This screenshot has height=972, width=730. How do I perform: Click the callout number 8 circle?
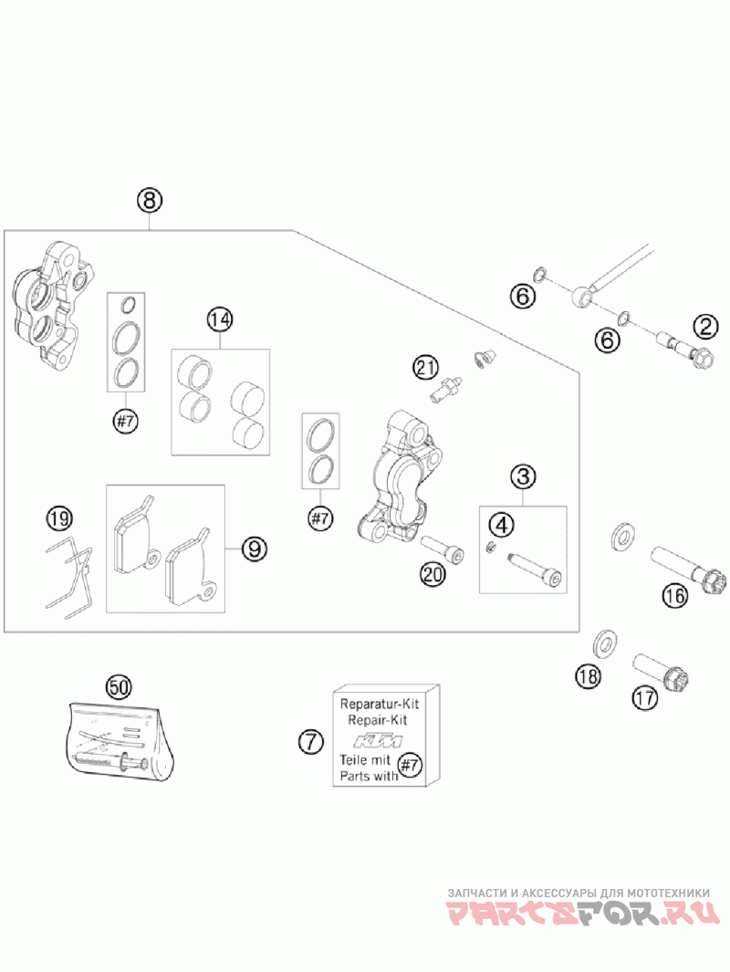[x=150, y=200]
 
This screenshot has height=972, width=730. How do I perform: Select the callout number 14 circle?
[x=220, y=319]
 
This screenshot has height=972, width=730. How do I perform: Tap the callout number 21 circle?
[x=426, y=368]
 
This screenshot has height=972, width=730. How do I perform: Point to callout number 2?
[x=706, y=326]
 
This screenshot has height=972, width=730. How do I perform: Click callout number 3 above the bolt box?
[x=523, y=476]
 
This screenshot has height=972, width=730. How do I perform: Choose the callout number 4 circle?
[x=501, y=526]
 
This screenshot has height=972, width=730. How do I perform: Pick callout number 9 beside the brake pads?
[x=254, y=548]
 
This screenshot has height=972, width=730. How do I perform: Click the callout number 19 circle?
[x=60, y=517]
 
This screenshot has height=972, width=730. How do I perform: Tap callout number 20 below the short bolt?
[x=433, y=574]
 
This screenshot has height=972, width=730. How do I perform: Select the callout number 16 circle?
[x=675, y=596]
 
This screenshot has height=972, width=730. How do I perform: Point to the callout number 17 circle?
[x=644, y=698]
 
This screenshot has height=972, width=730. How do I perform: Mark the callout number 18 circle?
[x=588, y=675]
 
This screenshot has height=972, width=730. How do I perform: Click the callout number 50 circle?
[x=120, y=686]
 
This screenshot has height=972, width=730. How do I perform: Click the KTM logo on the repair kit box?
[x=378, y=741]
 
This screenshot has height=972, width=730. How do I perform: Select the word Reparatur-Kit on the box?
[x=380, y=705]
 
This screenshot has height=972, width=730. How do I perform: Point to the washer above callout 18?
[x=605, y=643]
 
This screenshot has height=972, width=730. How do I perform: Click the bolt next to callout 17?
[x=662, y=672]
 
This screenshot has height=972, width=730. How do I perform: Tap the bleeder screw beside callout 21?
[x=446, y=389]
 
